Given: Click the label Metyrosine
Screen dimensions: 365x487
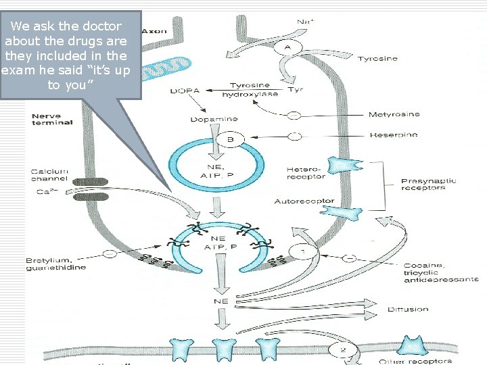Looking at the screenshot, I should click(x=394, y=114).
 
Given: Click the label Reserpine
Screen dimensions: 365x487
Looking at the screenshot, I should click(x=393, y=135).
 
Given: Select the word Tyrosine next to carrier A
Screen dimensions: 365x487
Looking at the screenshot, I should click(x=377, y=59).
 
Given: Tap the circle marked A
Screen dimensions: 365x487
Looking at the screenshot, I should click(x=287, y=47).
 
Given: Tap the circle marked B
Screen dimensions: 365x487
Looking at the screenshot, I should click(x=229, y=141).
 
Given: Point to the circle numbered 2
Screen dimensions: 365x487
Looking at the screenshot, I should click(x=342, y=349).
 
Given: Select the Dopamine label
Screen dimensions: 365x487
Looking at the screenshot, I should click(x=211, y=119).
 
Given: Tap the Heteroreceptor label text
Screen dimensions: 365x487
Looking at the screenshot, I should click(x=305, y=172).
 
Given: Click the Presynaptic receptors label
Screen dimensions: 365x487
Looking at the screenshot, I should click(x=428, y=184).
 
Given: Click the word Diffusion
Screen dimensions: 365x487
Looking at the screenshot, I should click(x=408, y=310).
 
